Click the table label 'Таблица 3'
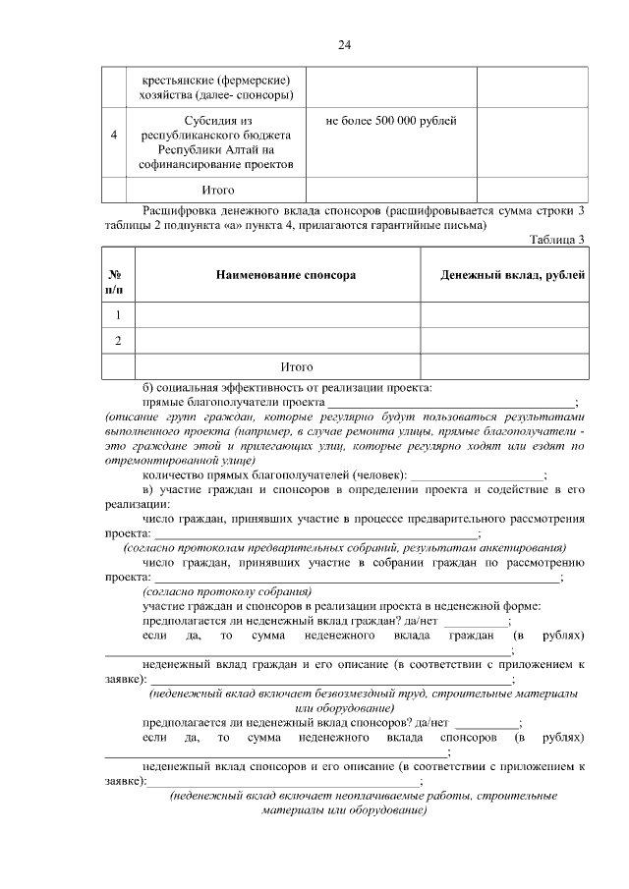[x=557, y=239]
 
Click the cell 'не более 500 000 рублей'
[x=391, y=120]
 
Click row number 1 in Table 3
[x=118, y=315]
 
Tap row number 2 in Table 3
[x=118, y=341]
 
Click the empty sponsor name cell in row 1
[x=277, y=315]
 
